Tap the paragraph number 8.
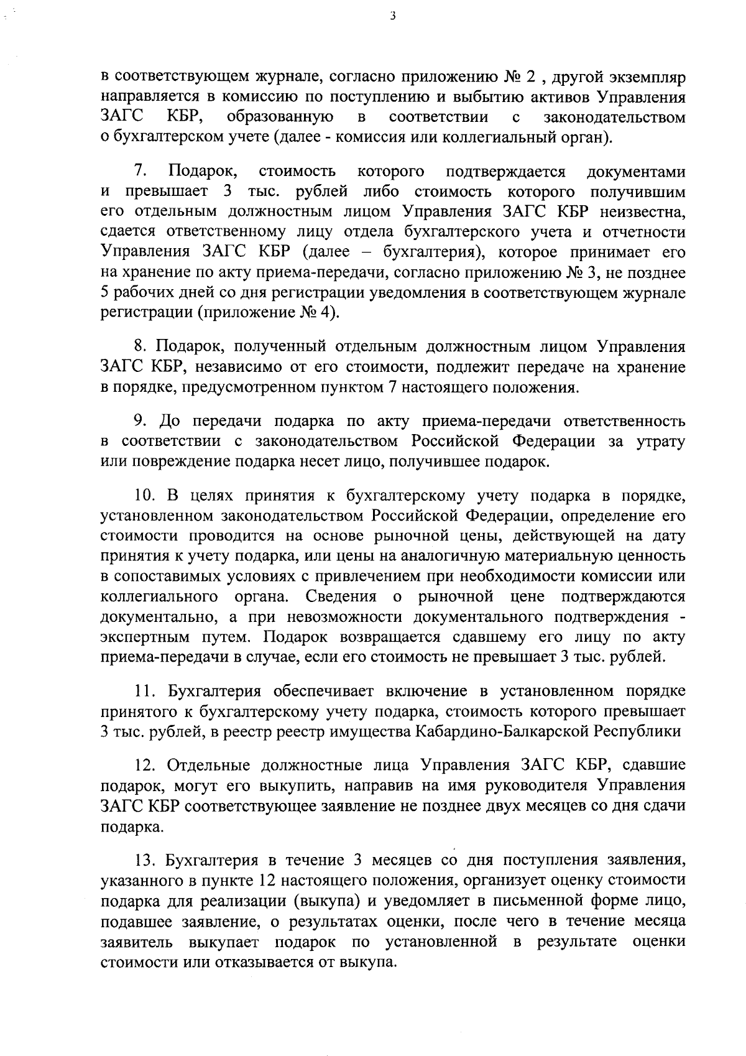[140, 346]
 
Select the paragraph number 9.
[140, 421]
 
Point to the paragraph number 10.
[144, 496]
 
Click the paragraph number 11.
[144, 691]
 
